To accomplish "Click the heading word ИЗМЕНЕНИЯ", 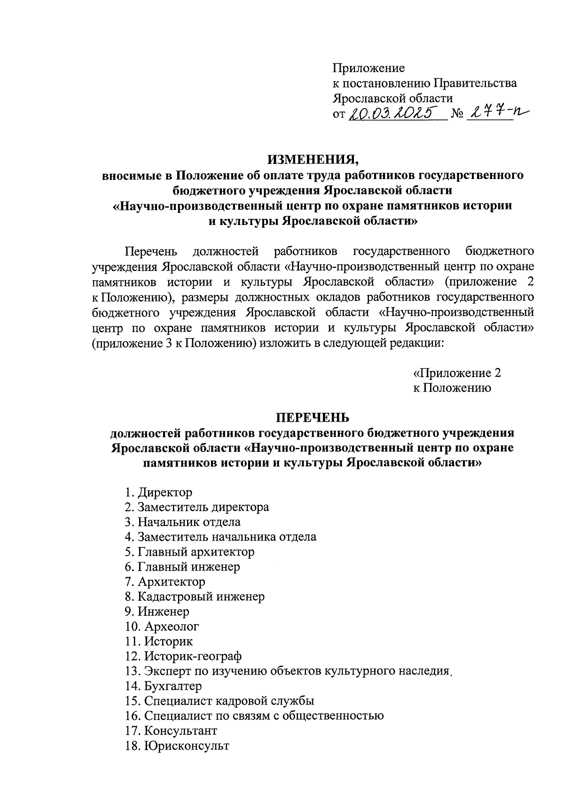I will [313, 160].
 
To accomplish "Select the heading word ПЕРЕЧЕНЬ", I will [312, 418].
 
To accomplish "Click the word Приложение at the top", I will [368, 69].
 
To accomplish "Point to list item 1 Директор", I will [159, 493].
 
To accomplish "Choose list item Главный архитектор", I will [190, 552].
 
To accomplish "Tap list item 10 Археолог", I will [162, 627].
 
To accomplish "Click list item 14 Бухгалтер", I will [164, 686].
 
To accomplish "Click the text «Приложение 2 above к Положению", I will [457, 373].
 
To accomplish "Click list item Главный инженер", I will [183, 567].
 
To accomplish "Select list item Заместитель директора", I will [197, 507].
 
